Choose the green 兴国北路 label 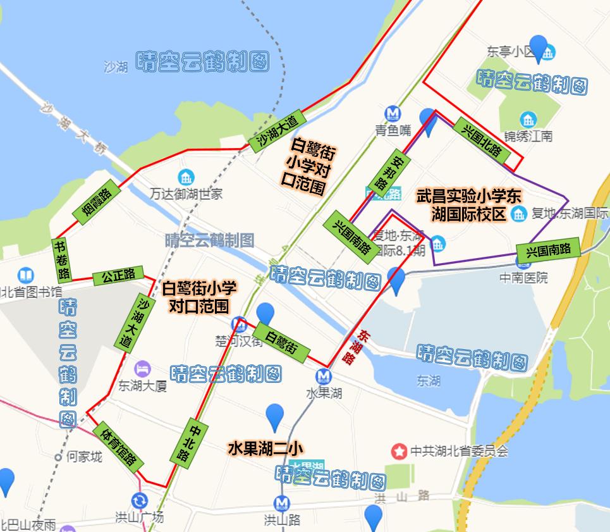[482, 141]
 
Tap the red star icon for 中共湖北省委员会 [400, 451]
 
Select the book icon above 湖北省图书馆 [26, 275]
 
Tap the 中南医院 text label [524, 277]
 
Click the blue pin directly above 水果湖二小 [274, 418]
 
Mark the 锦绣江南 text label [528, 135]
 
